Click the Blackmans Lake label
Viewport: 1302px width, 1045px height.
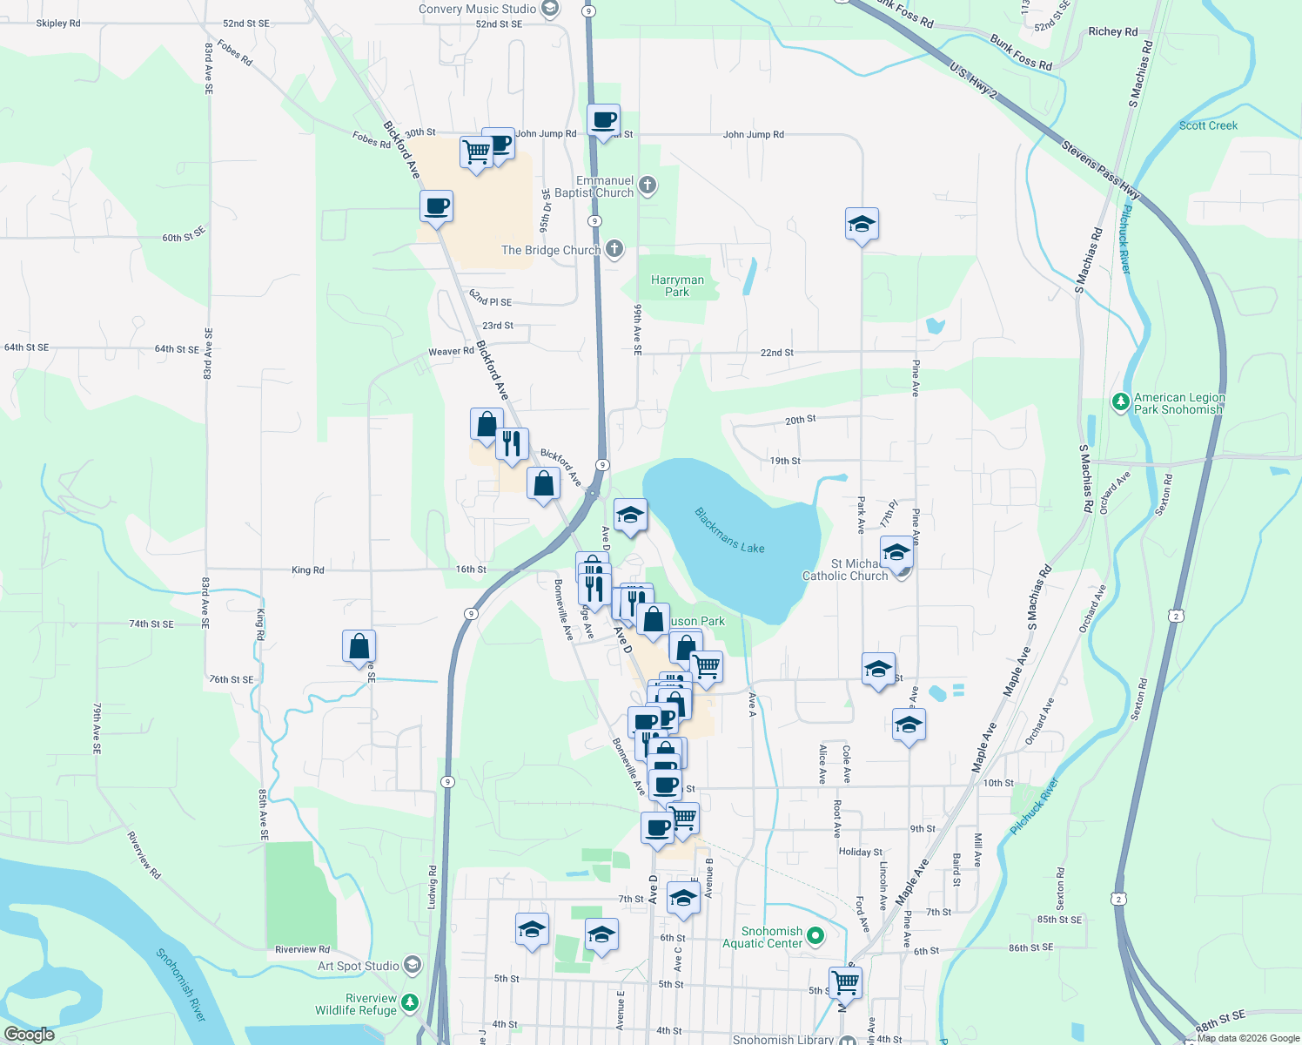[x=729, y=530]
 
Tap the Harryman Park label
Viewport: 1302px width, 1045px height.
[x=677, y=286]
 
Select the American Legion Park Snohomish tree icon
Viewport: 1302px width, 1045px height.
[x=1121, y=401]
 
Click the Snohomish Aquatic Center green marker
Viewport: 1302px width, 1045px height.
[x=815, y=936]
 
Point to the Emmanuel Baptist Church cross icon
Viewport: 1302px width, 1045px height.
[x=647, y=185]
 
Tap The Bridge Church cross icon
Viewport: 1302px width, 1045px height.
[x=614, y=250]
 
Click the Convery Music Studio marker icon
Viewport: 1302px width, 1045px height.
[x=549, y=9]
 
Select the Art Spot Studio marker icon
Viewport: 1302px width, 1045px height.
[x=413, y=965]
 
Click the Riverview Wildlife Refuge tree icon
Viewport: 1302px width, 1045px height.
[x=410, y=1003]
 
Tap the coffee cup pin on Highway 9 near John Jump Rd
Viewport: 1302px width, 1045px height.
[x=603, y=119]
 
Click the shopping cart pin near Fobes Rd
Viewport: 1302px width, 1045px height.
[x=476, y=152]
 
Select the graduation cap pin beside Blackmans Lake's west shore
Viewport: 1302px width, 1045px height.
[x=630, y=515]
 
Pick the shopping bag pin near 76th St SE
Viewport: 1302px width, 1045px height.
[x=359, y=647]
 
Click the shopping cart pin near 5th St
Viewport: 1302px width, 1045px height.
[x=845, y=982]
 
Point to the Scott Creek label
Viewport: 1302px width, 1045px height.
[x=1208, y=125]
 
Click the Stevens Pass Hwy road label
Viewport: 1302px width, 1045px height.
[x=1100, y=167]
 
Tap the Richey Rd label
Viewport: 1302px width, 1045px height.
[x=1112, y=31]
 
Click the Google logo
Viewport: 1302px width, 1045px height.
[x=29, y=1034]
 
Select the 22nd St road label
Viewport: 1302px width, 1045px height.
[x=776, y=353]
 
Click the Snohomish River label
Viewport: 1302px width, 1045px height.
[x=181, y=984]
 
